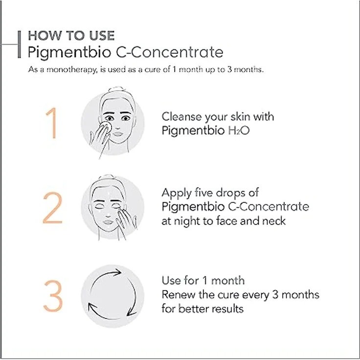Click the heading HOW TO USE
(71, 36)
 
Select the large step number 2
(53, 207)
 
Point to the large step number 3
(53, 296)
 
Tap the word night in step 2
(189, 221)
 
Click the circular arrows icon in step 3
(112, 296)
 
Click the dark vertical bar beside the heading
(19, 45)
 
